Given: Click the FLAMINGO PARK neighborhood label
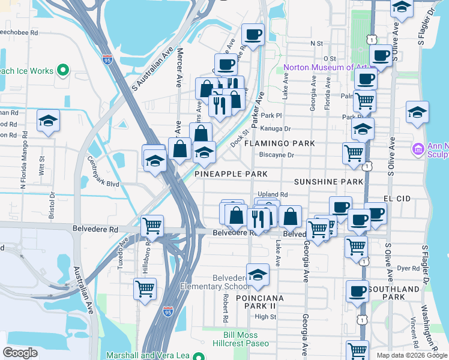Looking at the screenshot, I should pyautogui.click(x=279, y=144).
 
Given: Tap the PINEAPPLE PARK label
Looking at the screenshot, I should pyautogui.click(x=231, y=174).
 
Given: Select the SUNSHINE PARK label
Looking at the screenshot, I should pyautogui.click(x=328, y=182).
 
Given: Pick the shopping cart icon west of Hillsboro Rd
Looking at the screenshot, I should pyautogui.click(x=145, y=289).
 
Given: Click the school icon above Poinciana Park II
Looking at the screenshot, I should pyautogui.click(x=258, y=274).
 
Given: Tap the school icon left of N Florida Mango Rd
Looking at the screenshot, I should pyautogui.click(x=48, y=121).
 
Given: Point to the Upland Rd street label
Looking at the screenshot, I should pyautogui.click(x=274, y=195).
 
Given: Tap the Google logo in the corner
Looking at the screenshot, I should pyautogui.click(x=20, y=353).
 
